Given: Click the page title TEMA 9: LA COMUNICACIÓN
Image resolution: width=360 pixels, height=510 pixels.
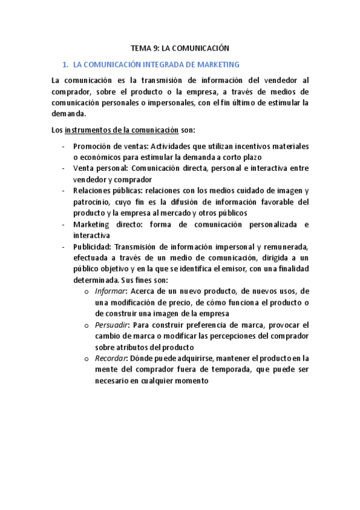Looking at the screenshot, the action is pyautogui.click(x=180, y=48).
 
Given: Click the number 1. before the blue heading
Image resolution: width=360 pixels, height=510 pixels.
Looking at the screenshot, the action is pyautogui.click(x=66, y=64).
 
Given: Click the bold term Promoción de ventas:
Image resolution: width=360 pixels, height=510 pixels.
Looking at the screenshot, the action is pyautogui.click(x=110, y=146).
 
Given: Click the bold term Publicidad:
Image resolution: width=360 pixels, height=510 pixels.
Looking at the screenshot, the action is pyautogui.click(x=92, y=247).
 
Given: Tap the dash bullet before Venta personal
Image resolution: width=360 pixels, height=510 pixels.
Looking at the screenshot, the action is pyautogui.click(x=64, y=168).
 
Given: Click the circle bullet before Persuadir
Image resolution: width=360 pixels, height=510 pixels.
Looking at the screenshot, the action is pyautogui.click(x=88, y=325).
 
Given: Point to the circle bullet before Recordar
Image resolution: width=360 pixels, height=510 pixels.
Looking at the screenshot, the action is pyautogui.click(x=88, y=359).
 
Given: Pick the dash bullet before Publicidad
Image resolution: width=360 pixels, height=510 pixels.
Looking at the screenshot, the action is pyautogui.click(x=64, y=247).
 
